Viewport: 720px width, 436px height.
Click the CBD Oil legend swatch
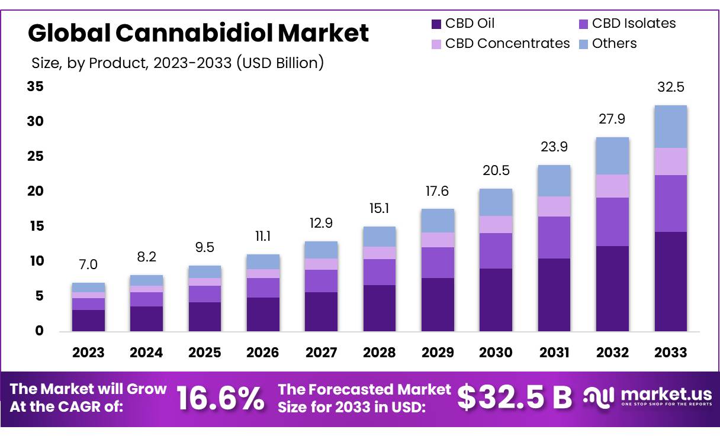436,24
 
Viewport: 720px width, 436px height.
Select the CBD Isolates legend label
634,24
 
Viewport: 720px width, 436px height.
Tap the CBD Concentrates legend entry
507,44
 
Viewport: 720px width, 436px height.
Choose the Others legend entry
614,44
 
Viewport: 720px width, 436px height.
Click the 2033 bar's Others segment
670,127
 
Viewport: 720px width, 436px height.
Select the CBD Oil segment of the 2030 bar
496,299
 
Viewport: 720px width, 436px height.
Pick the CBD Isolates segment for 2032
612,222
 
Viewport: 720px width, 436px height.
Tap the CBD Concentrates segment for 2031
554,206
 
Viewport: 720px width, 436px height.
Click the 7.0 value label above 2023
88,264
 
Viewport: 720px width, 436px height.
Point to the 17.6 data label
438,191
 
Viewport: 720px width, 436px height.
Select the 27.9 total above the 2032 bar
612,120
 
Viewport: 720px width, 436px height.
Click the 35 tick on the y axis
36,87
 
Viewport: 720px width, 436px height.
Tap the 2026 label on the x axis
262,353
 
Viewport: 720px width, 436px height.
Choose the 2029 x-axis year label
438,353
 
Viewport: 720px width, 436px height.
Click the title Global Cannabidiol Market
198,33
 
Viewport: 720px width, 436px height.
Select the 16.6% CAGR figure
220,399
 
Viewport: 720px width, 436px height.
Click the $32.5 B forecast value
515,398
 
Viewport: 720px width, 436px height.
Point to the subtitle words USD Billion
279,63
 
